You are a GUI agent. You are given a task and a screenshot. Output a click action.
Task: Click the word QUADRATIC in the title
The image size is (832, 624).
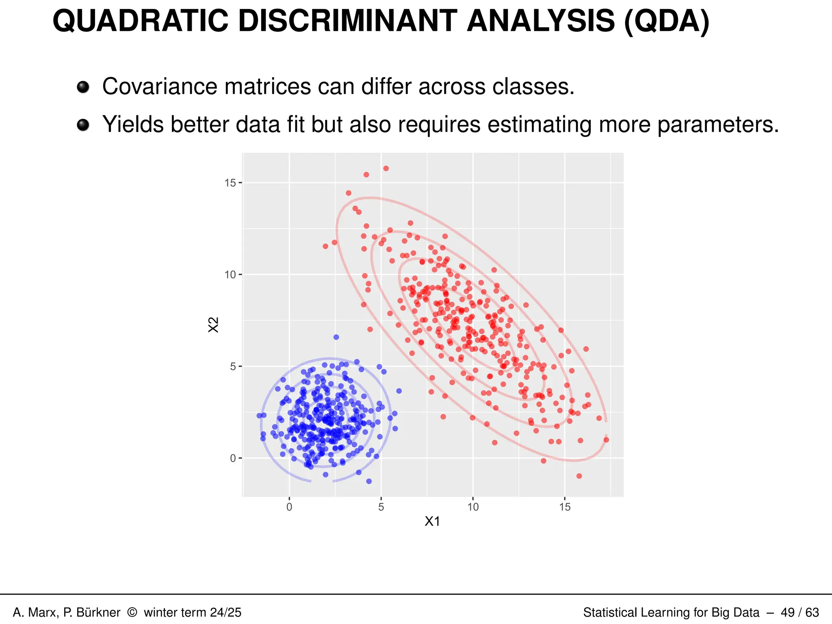(x=140, y=21)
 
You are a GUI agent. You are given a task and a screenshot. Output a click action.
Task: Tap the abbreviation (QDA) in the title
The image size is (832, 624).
(x=667, y=21)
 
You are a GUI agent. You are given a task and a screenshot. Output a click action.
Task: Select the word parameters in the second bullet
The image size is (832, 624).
(x=718, y=124)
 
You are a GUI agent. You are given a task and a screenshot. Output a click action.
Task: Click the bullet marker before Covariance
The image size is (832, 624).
(x=83, y=87)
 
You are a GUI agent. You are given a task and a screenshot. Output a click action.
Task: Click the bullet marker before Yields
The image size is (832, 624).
(x=83, y=125)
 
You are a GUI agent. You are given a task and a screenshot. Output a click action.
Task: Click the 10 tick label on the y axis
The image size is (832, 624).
(x=230, y=275)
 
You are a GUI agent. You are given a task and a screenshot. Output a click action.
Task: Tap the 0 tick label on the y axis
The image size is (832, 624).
(x=232, y=459)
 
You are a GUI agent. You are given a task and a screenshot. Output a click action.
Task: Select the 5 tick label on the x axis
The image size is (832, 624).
(x=381, y=507)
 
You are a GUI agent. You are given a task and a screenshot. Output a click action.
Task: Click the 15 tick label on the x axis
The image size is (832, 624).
(x=565, y=507)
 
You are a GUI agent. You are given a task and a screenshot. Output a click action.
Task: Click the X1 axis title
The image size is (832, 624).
(x=432, y=522)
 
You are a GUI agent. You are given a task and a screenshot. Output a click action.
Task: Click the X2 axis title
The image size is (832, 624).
(x=213, y=325)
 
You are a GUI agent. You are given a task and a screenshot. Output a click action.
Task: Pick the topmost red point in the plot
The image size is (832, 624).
(x=386, y=169)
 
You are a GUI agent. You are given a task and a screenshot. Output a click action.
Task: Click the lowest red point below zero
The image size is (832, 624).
(x=579, y=476)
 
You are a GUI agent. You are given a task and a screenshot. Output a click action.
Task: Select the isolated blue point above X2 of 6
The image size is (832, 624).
(x=336, y=337)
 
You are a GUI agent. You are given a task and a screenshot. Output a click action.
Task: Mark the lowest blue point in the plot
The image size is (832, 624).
(x=369, y=481)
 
